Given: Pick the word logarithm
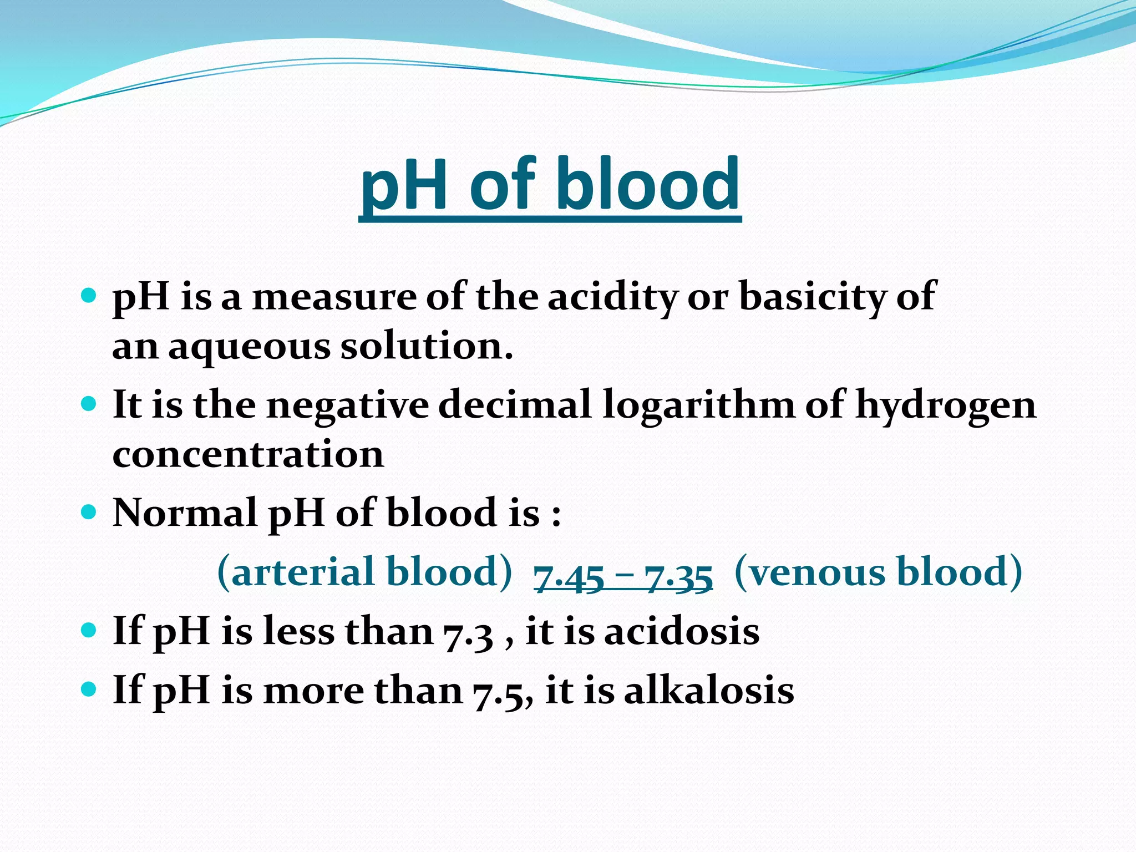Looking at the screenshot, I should pos(698,405).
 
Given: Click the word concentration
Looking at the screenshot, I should pos(248,454).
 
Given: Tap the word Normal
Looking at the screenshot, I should pos(185,513).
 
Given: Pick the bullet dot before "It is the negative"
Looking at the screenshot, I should pos(88,403).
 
